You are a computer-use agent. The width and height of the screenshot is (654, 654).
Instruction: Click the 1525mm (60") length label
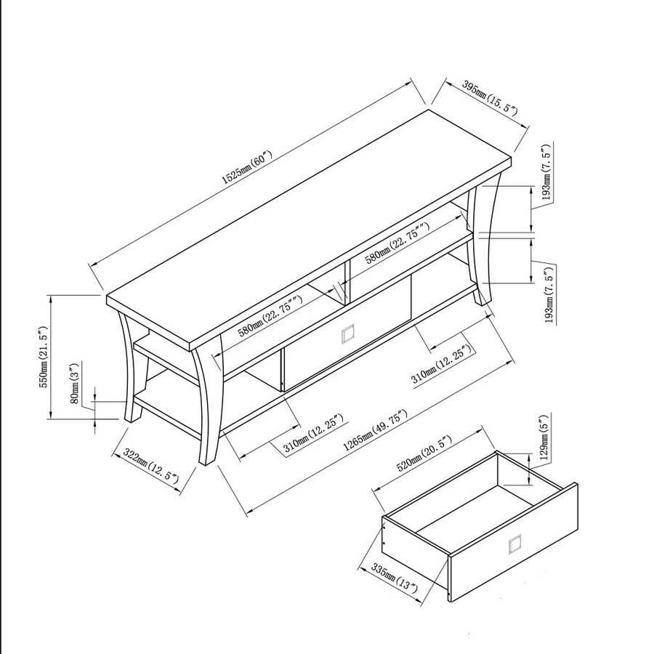point(246,166)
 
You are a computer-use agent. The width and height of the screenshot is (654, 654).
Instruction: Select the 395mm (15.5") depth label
point(490,100)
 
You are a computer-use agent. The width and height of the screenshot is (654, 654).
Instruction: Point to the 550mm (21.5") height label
point(44,357)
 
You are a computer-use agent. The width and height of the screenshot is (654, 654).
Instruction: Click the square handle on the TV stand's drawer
point(347,334)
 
